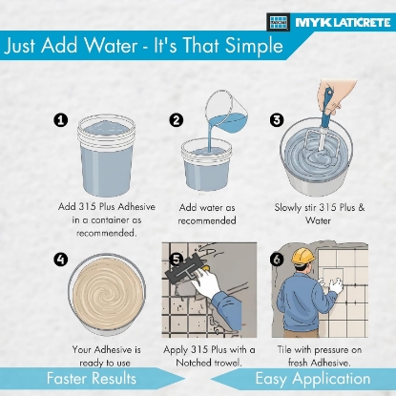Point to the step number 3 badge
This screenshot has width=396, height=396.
pos(277,120)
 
